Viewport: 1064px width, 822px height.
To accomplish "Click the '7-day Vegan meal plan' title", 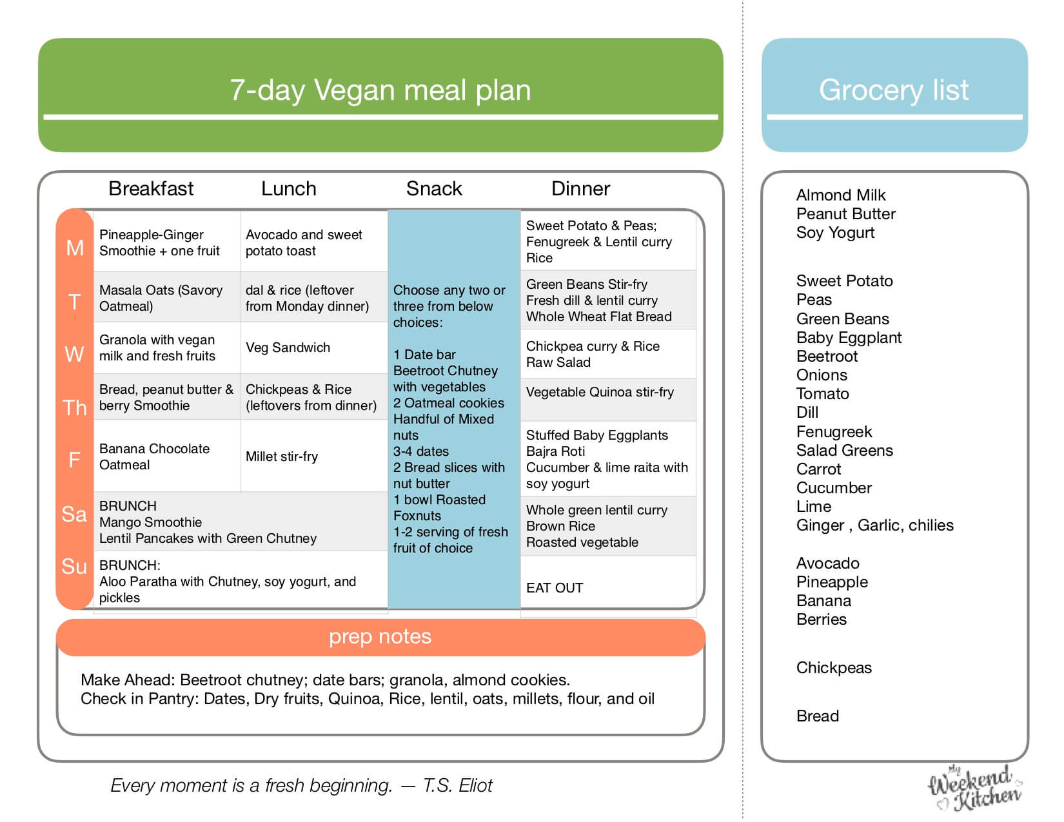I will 380,90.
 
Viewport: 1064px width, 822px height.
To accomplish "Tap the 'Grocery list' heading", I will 894,90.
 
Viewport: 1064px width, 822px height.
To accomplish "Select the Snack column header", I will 434,188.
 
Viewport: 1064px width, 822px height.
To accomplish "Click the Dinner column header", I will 580,188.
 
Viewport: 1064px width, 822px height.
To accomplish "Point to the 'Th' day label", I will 75,407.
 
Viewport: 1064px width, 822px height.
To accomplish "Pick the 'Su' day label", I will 74,566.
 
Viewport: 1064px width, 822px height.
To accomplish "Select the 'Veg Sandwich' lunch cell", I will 288,347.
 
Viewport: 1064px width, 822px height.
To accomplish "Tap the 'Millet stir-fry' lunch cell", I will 282,456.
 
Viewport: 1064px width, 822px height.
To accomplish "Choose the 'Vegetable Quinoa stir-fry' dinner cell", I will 600,392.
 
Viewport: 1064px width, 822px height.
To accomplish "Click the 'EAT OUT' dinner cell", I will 555,588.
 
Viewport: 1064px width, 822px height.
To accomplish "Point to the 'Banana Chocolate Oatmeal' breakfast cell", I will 155,456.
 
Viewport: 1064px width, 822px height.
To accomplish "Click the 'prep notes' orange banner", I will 380,637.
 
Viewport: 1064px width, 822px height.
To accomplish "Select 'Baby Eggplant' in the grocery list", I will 849,338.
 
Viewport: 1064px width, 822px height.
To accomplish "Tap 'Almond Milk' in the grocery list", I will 841,195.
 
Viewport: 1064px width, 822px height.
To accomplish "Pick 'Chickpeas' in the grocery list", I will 834,668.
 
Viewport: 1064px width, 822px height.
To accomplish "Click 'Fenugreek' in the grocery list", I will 834,431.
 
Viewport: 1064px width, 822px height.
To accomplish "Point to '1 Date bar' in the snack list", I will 424,355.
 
